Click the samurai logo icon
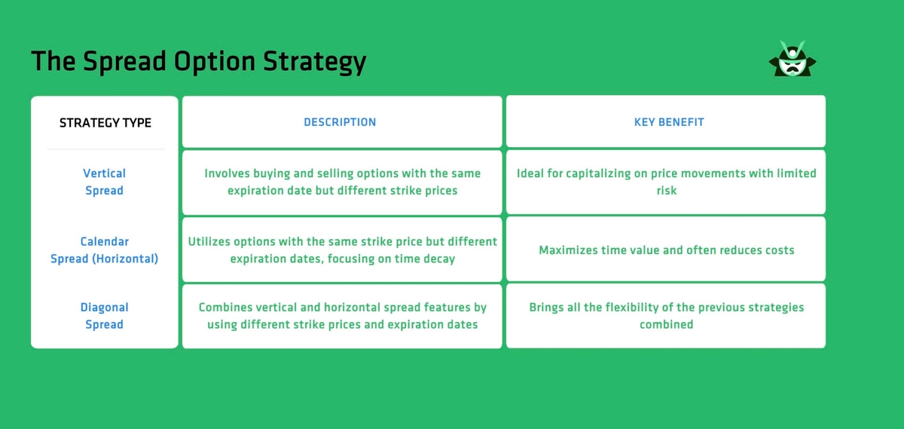coord(793,60)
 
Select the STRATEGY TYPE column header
coord(105,122)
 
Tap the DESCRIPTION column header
coord(340,121)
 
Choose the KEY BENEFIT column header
coord(669,121)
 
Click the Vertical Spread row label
coord(104,182)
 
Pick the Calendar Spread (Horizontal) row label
coord(104,250)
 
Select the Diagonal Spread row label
coord(104,316)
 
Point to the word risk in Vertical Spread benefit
coord(667,191)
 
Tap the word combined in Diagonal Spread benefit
coord(667,324)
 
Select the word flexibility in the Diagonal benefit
coord(639,308)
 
